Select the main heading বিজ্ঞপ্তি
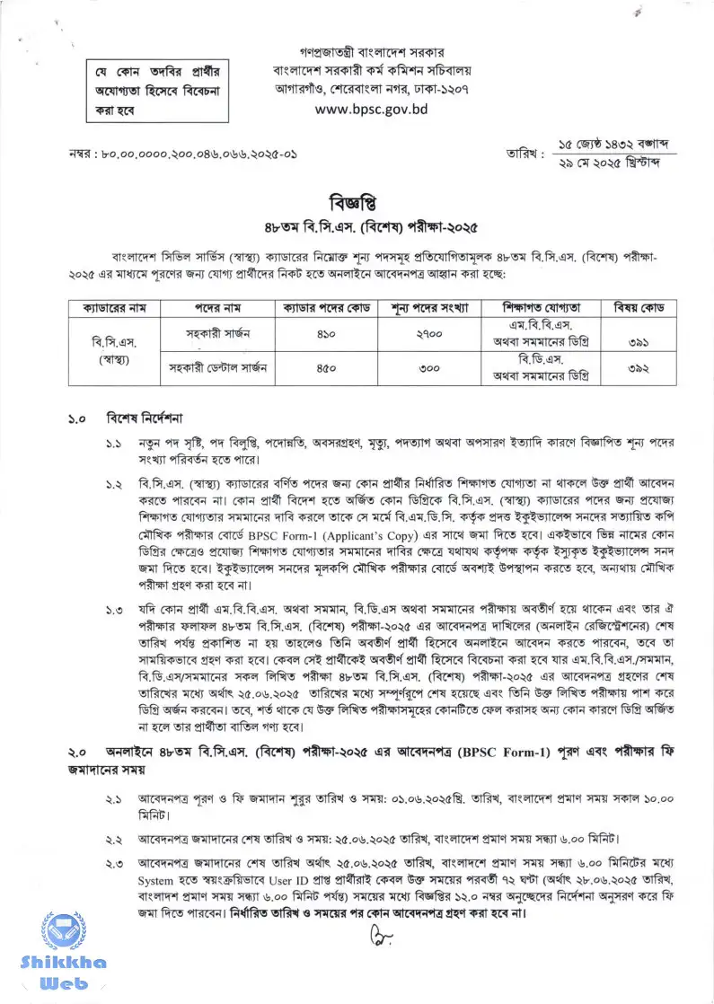coord(357,201)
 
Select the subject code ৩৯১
coord(639,341)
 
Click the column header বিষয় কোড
coord(639,306)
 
